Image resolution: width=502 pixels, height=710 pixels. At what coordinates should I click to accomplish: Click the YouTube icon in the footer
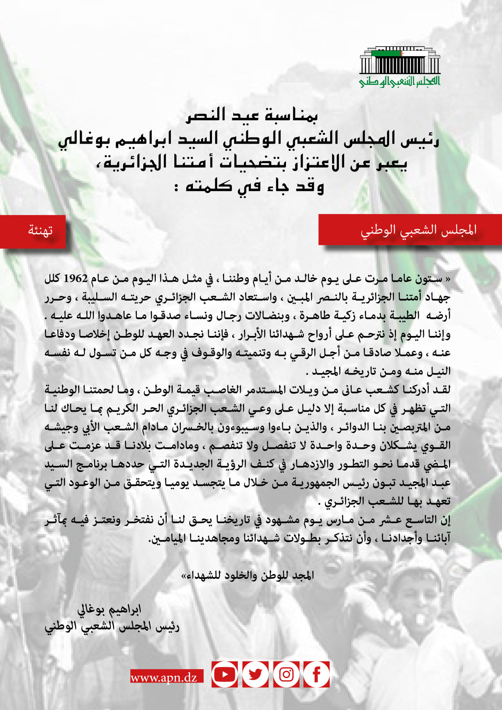pyautogui.click(x=225, y=674)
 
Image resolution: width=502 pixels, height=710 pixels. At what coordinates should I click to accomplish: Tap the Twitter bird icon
pyautogui.click(x=255, y=674)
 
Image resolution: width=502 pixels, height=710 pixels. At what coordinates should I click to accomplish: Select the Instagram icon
pyautogui.click(x=286, y=674)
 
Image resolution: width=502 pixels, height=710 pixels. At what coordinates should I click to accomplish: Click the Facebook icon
pyautogui.click(x=316, y=674)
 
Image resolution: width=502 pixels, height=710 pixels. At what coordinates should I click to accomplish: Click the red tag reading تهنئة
pyautogui.click(x=40, y=231)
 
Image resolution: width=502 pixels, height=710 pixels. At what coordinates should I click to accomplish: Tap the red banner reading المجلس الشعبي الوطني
pyautogui.click(x=418, y=230)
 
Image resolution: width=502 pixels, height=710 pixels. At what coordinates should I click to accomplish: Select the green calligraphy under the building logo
pyautogui.click(x=400, y=81)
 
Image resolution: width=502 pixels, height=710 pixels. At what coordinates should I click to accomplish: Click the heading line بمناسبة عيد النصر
pyautogui.click(x=252, y=115)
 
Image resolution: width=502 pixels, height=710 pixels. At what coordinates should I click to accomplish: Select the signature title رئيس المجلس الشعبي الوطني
pyautogui.click(x=112, y=627)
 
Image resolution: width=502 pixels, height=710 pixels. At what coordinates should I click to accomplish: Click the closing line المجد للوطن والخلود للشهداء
pyautogui.click(x=248, y=575)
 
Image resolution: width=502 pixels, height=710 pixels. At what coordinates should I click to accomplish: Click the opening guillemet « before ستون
pyautogui.click(x=447, y=279)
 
